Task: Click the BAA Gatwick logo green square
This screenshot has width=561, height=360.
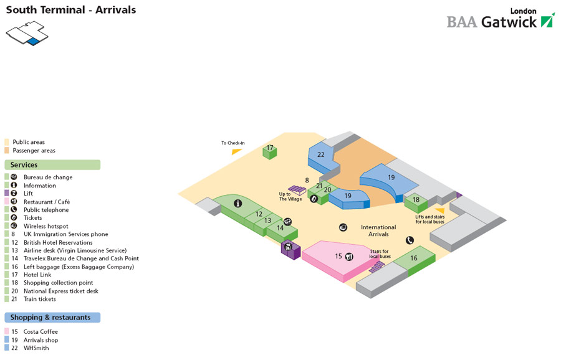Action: [547, 20]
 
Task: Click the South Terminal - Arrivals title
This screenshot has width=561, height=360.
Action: [70, 10]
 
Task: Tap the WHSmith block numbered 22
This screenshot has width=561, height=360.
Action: [321, 155]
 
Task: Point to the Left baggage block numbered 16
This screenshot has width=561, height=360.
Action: [414, 258]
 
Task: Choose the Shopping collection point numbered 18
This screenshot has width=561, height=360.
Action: [416, 200]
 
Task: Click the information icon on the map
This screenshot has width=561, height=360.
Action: [237, 203]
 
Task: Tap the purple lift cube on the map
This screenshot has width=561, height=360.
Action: [290, 249]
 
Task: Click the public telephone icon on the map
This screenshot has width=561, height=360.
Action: [410, 240]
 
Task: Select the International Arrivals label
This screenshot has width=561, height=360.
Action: [378, 230]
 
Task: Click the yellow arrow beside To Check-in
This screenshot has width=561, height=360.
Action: [236, 151]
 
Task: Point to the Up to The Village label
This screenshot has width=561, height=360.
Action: [290, 196]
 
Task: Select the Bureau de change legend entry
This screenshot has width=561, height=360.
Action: [48, 178]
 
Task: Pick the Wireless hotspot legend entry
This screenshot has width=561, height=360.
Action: [46, 226]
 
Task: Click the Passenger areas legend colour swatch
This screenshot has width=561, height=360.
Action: [7, 150]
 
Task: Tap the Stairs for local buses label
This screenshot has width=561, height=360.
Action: [380, 254]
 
